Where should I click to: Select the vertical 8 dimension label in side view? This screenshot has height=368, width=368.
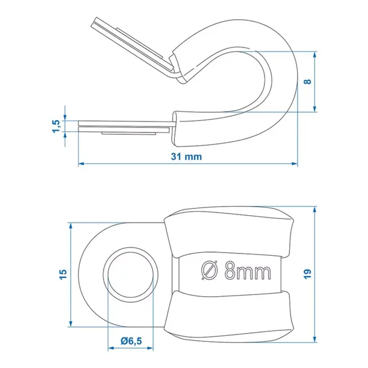[x=307, y=82]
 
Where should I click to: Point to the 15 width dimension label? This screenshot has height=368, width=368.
[x=63, y=273]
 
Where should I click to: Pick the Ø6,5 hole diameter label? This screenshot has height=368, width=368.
[x=131, y=340]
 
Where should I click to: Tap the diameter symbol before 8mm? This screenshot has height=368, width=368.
[x=209, y=271]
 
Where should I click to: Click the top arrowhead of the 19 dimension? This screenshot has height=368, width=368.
[x=315, y=211]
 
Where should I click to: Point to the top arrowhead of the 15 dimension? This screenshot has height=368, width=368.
[x=71, y=225]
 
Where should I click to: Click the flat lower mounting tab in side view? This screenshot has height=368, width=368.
[x=125, y=126]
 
